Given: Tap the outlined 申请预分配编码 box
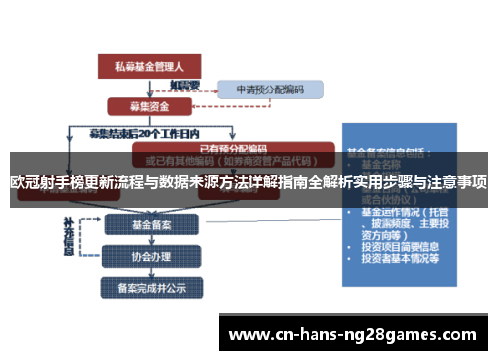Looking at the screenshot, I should (269, 89).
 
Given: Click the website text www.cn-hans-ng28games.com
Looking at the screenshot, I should (355, 334).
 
